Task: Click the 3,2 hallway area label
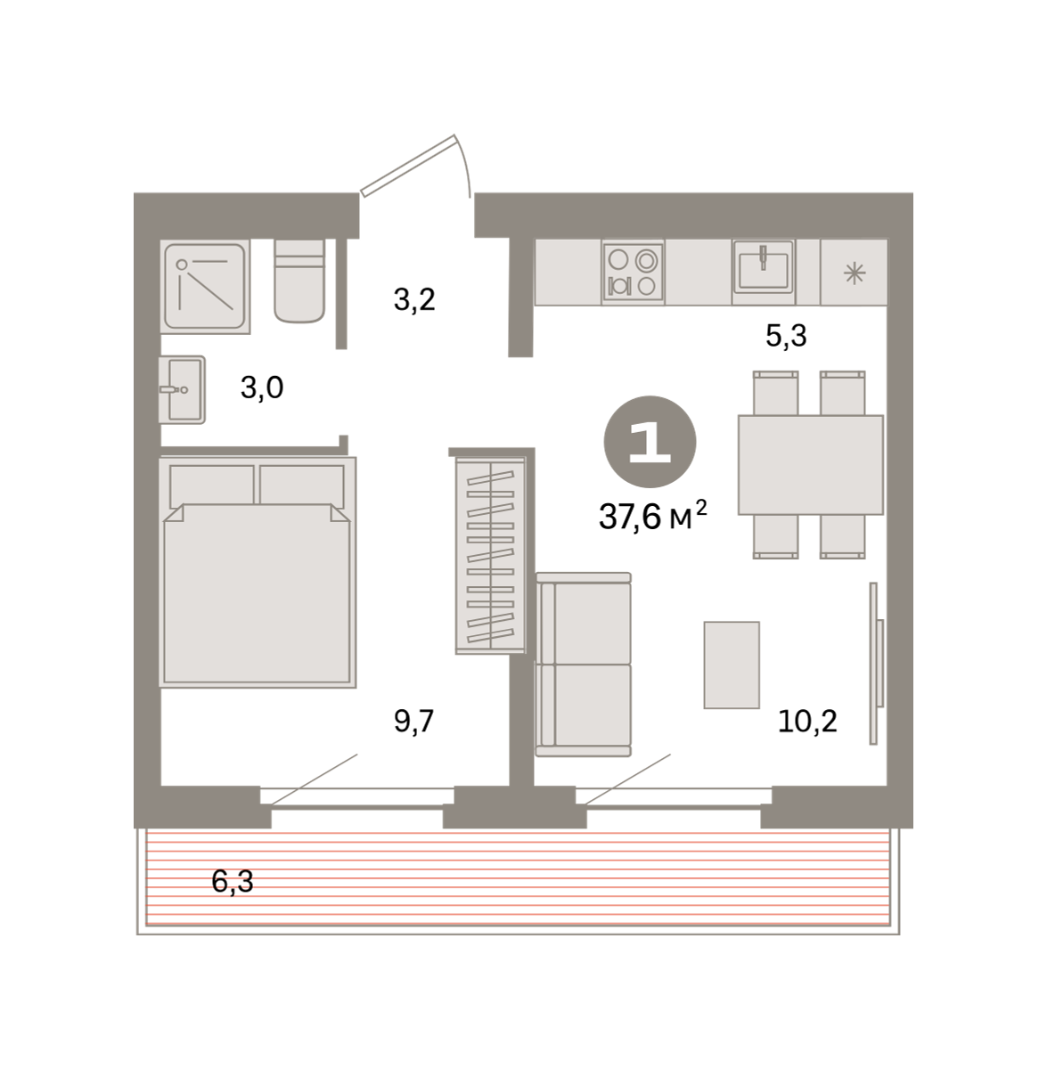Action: [414, 300]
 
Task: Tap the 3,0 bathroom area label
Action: [262, 388]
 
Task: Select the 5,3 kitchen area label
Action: [786, 336]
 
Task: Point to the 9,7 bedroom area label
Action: [413, 722]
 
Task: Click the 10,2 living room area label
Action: [807, 722]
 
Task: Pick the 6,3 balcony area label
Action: [232, 881]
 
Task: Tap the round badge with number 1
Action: [650, 442]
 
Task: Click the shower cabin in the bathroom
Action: [205, 286]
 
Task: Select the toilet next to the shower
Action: [299, 281]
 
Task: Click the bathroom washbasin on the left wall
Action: [182, 389]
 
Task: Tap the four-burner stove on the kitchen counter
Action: [633, 273]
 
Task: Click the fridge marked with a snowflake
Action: [854, 273]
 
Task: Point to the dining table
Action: [810, 464]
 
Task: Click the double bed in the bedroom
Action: [258, 572]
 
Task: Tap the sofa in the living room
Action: [583, 664]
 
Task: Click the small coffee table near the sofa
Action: [732, 665]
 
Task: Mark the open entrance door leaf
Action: [408, 166]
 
